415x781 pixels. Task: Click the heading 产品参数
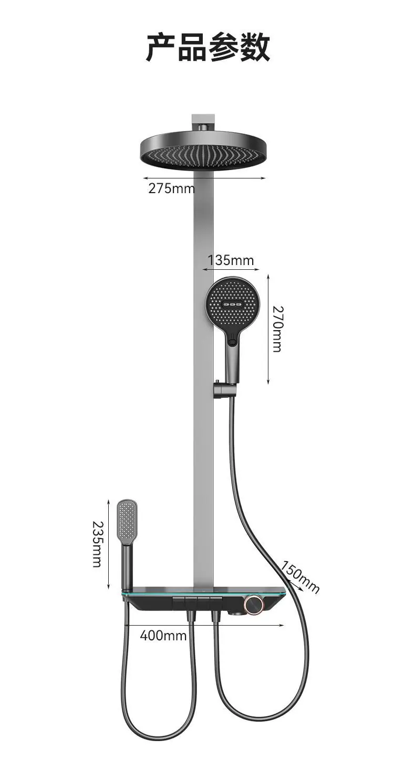(207, 47)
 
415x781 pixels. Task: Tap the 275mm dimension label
(171, 188)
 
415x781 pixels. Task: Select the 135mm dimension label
(231, 260)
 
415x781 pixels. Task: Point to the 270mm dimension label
(277, 329)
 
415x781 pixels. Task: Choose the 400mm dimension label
(163, 636)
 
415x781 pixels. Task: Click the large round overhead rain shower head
(203, 152)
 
